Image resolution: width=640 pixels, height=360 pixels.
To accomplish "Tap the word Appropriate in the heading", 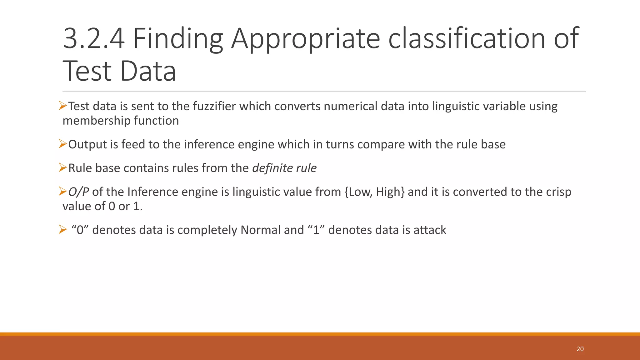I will [x=305, y=39].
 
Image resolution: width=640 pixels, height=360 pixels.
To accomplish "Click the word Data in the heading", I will [x=148, y=71].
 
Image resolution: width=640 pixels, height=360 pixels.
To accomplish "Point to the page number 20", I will [x=580, y=349].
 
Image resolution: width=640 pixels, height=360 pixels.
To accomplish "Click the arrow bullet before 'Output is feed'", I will [x=63, y=144].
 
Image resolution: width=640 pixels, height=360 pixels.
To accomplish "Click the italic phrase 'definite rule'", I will [x=284, y=168].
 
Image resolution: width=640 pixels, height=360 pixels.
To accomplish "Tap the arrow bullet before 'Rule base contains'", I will [x=63, y=168].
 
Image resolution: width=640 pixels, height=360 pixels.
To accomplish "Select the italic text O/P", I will [x=78, y=192].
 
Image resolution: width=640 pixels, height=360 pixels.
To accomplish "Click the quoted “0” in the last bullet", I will [x=80, y=230].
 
